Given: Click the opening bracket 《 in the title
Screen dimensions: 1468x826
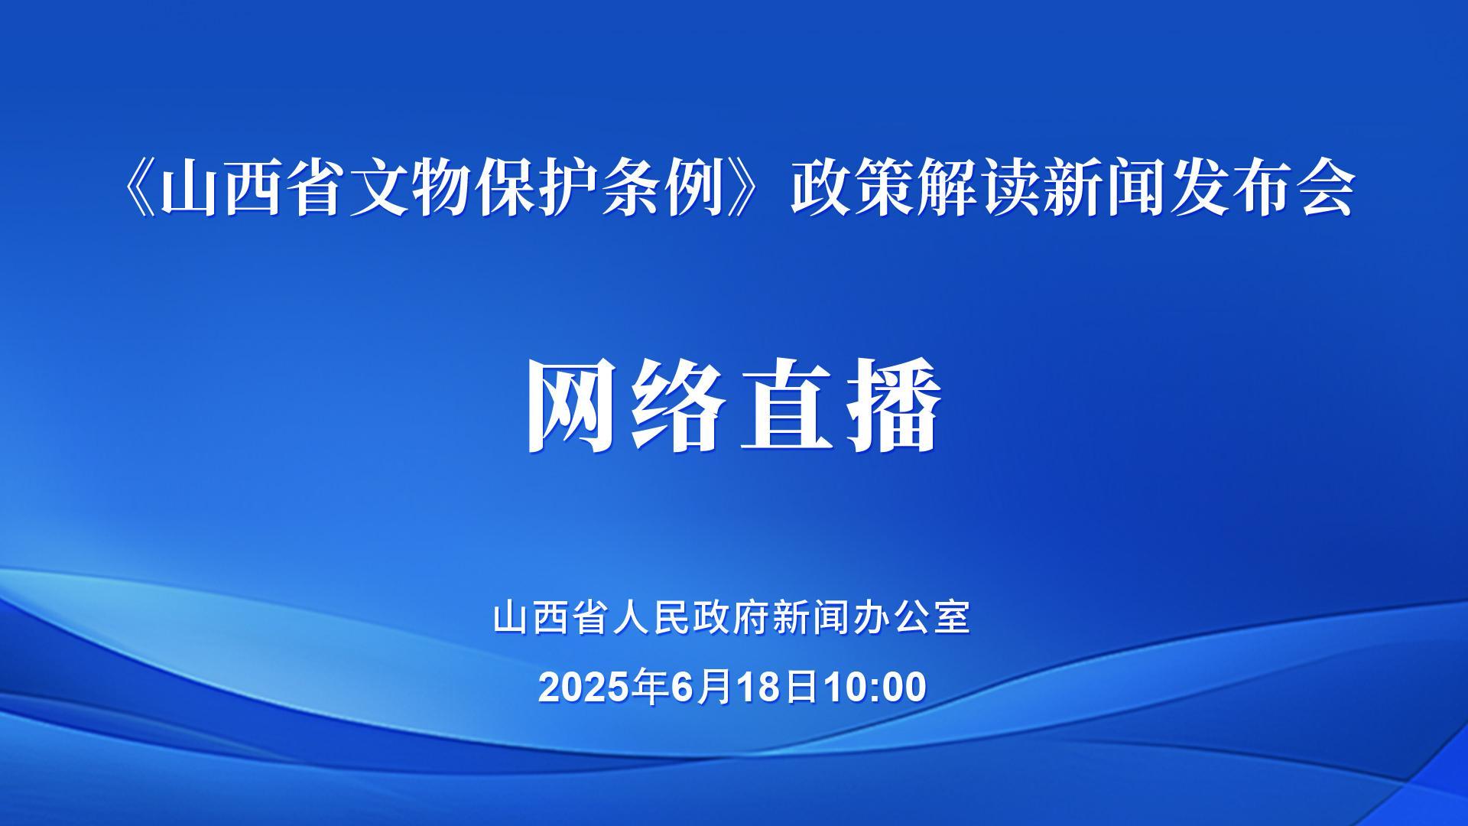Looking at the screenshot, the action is [137, 189].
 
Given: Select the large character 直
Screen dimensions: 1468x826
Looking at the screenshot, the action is [787, 405].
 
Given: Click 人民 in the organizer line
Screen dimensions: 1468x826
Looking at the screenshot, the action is [653, 617].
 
